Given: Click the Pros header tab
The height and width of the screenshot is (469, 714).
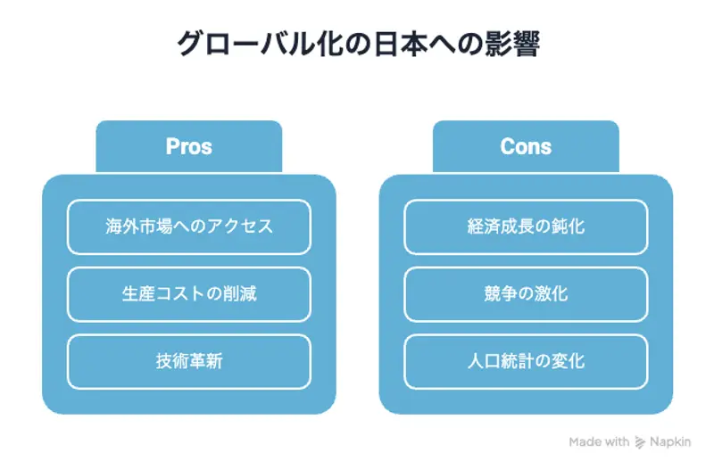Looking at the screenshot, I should pyautogui.click(x=188, y=146).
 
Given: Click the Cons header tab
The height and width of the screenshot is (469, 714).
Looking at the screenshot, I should pyautogui.click(x=526, y=146).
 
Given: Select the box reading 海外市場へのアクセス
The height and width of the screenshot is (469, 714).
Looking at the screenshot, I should pyautogui.click(x=188, y=226).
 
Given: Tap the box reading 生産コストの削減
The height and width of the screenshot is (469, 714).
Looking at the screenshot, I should pyautogui.click(x=188, y=294).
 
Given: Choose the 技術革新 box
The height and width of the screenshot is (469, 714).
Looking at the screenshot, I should pyautogui.click(x=188, y=361).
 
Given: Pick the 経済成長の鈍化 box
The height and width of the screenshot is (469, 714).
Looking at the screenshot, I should pyautogui.click(x=526, y=226).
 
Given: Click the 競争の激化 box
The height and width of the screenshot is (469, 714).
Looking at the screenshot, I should pyautogui.click(x=526, y=294).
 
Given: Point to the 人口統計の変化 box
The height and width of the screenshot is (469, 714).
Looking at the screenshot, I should pyautogui.click(x=526, y=361).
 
